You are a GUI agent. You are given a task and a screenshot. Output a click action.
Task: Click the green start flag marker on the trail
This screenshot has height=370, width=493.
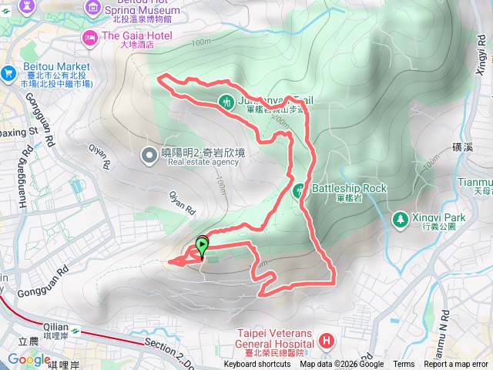click(x=202, y=246)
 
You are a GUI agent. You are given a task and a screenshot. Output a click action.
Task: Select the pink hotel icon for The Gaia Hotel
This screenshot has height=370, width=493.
click(x=90, y=36)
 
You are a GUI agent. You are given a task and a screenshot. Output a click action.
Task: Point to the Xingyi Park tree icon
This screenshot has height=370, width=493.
click(x=400, y=220)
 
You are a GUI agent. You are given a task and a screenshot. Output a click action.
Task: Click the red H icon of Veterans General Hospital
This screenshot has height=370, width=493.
click(x=327, y=340)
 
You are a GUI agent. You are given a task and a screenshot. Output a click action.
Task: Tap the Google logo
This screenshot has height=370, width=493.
click(x=29, y=359)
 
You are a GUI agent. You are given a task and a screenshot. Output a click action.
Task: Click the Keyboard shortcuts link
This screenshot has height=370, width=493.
click(x=258, y=365)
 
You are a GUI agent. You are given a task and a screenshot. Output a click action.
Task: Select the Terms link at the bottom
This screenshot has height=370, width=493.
click(x=404, y=365)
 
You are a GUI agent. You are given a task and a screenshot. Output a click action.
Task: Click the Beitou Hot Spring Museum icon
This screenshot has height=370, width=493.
click(x=94, y=8)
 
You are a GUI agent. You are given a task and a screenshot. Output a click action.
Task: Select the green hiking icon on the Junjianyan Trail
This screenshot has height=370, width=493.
click(x=226, y=101)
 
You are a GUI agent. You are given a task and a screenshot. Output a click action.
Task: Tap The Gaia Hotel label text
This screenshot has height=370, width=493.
click(x=137, y=35)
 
